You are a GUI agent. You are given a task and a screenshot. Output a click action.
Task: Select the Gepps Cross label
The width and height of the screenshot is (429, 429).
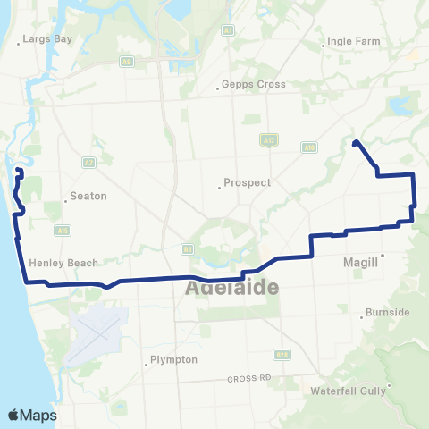point(253,85)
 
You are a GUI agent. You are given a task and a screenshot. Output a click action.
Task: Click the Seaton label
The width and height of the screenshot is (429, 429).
point(88,196)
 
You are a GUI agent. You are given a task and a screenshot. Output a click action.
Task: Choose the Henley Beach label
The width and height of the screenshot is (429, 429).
point(63,263)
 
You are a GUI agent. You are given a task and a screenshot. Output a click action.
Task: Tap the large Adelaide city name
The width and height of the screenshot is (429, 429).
point(231,289)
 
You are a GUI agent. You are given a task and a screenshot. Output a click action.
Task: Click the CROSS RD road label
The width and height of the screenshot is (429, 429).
point(248,378)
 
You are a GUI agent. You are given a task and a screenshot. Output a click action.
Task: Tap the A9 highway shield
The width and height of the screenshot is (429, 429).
point(127,61)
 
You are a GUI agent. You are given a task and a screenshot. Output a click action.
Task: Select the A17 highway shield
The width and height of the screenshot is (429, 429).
point(269,139)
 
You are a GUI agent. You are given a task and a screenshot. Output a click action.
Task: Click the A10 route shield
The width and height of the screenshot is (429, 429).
point(308,147)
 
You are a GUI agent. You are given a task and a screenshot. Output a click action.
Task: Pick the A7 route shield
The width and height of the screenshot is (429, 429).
point(88,163)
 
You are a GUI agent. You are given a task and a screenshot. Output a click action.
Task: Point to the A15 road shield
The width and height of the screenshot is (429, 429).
point(61,230)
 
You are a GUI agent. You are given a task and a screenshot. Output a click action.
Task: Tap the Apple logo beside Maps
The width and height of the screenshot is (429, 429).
point(13,415)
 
